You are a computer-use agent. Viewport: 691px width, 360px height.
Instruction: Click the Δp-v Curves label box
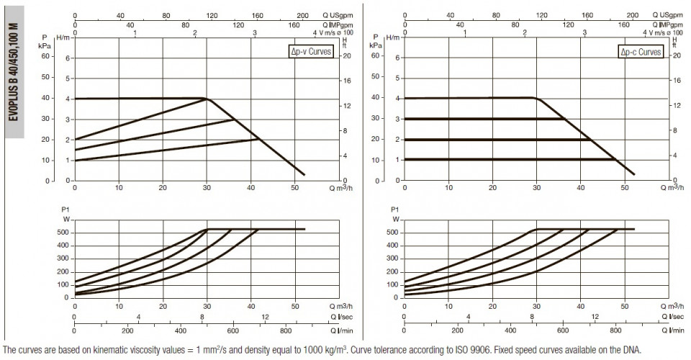click(x=310, y=52)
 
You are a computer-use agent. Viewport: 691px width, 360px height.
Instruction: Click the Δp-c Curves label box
click(x=641, y=52)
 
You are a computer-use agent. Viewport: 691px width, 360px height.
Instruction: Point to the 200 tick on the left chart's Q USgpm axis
click(x=303, y=15)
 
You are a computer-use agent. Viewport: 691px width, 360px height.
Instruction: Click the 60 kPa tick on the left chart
click(x=45, y=56)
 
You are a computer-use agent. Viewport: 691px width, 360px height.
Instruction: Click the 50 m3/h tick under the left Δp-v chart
click(x=295, y=188)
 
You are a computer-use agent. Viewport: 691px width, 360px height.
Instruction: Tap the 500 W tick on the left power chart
click(x=63, y=233)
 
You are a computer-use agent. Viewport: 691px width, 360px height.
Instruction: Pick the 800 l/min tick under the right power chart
click(x=615, y=330)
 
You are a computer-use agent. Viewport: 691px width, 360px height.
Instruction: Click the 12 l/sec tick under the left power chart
click(x=265, y=317)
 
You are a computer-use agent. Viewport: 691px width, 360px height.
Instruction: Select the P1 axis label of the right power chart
click(x=395, y=210)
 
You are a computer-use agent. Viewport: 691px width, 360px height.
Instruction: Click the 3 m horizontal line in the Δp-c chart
click(x=484, y=119)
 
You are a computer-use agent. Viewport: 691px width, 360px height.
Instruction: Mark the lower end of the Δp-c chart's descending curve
click(x=633, y=174)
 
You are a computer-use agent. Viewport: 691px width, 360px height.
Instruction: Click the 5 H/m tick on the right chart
click(x=397, y=78)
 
